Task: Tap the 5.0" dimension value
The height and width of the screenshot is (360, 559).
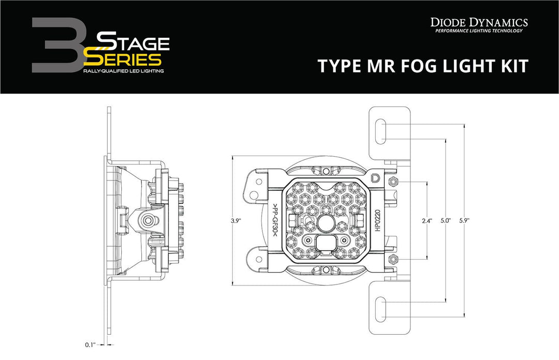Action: pyautogui.click(x=446, y=221)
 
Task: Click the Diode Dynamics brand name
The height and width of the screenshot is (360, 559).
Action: pyautogui.click(x=479, y=22)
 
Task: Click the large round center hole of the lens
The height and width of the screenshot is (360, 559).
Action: pyautogui.click(x=326, y=223)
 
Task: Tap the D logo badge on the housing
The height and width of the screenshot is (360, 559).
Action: pyautogui.click(x=375, y=178)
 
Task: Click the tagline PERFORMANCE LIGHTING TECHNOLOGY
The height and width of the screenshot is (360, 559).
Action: pyautogui.click(x=479, y=31)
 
